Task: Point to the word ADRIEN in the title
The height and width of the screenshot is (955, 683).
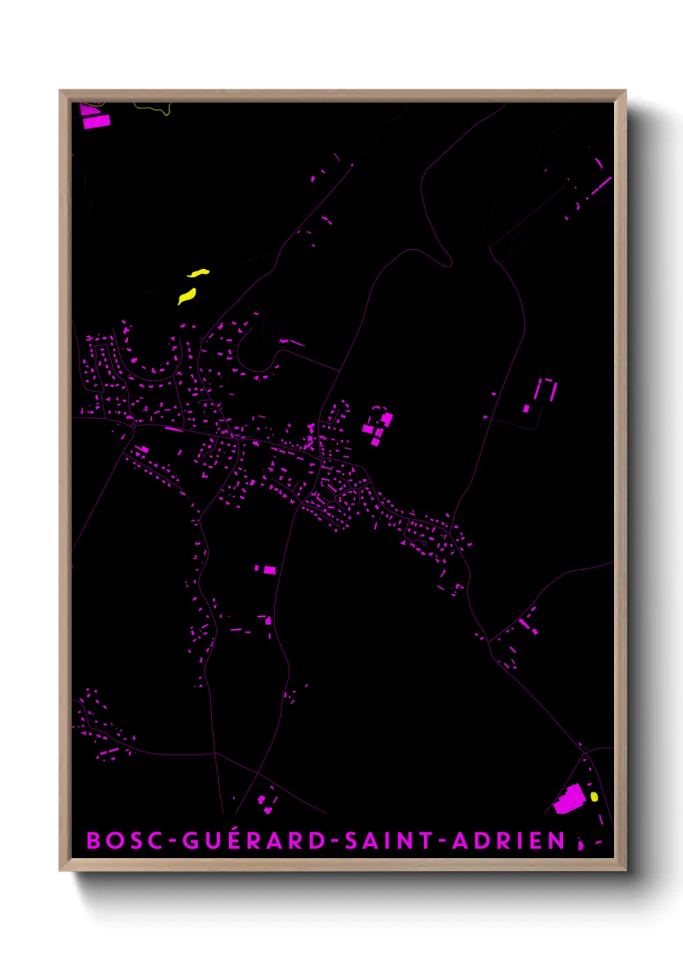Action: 509,841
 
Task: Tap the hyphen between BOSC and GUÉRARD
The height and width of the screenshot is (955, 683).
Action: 172,841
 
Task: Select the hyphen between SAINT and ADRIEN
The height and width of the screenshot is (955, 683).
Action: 443,841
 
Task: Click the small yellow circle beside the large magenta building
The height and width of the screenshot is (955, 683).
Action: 594,797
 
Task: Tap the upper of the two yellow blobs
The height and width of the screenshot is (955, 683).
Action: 199,274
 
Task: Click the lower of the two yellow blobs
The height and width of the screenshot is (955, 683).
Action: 187,296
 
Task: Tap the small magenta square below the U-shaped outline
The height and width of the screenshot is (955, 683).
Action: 526,408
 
